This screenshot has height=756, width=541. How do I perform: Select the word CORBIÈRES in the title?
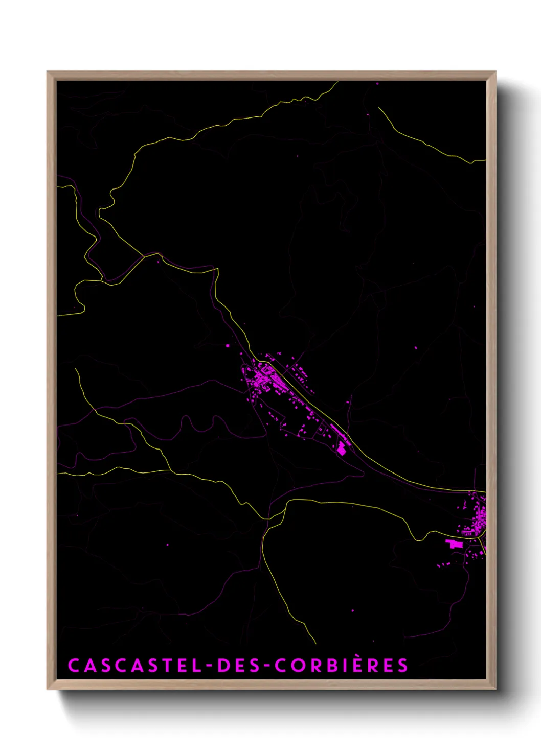342,666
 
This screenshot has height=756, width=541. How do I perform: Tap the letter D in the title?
223,666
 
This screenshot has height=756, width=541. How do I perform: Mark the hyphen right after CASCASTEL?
209,666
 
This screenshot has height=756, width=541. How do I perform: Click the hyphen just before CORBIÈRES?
266,666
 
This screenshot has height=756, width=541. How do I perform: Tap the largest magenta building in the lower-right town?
454,544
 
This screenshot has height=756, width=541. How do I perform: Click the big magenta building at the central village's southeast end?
341,448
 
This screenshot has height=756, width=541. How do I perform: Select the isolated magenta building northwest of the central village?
228,346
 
